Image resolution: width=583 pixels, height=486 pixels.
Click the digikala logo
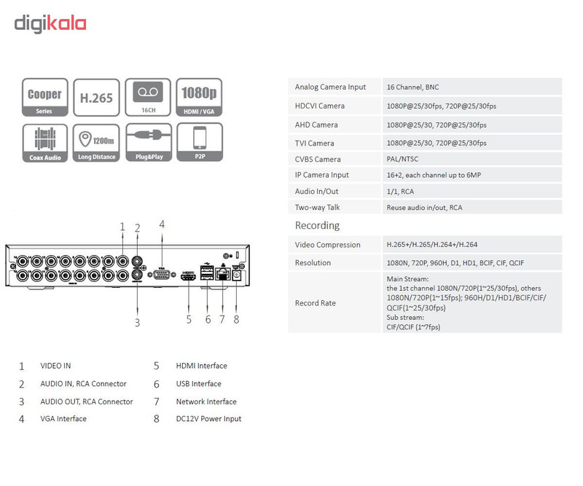pos(50,23)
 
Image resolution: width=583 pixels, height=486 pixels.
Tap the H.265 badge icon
pos(96,98)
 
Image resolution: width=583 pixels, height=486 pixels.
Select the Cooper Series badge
pos(45,98)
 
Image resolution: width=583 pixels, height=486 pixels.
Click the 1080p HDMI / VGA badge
pos(199,98)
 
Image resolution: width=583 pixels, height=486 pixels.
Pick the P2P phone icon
pos(199,143)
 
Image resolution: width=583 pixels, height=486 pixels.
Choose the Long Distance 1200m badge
pos(96,143)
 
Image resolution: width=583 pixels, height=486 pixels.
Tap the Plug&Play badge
pos(148,143)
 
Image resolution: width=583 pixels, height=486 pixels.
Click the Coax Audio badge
pos(45,143)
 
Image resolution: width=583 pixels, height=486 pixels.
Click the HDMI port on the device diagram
pos(189,276)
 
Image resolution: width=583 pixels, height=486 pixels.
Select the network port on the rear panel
pos(222,275)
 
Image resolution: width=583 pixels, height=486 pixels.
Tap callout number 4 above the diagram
pos(162,224)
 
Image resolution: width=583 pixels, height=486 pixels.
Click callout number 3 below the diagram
pos(137,321)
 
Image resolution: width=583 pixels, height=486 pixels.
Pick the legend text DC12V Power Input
pos(208,419)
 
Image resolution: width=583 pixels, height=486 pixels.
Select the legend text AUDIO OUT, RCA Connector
pos(87,401)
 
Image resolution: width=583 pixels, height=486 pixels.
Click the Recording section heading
pos(317,226)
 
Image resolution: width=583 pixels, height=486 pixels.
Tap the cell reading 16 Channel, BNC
pos(412,87)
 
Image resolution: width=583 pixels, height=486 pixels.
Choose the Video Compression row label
pos(328,245)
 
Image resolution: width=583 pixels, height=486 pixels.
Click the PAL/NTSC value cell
pos(402,160)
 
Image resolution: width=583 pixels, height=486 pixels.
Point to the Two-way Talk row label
pos(318,208)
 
